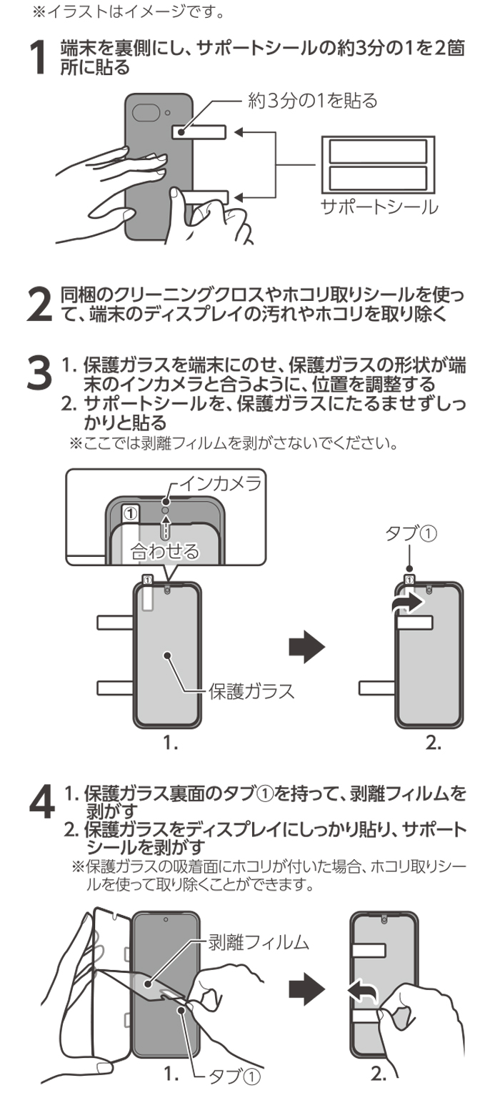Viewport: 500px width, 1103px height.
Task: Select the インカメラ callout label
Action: coord(219,481)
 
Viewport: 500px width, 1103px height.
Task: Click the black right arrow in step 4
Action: coord(306,989)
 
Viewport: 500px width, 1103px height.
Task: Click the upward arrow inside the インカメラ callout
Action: coord(166,529)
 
